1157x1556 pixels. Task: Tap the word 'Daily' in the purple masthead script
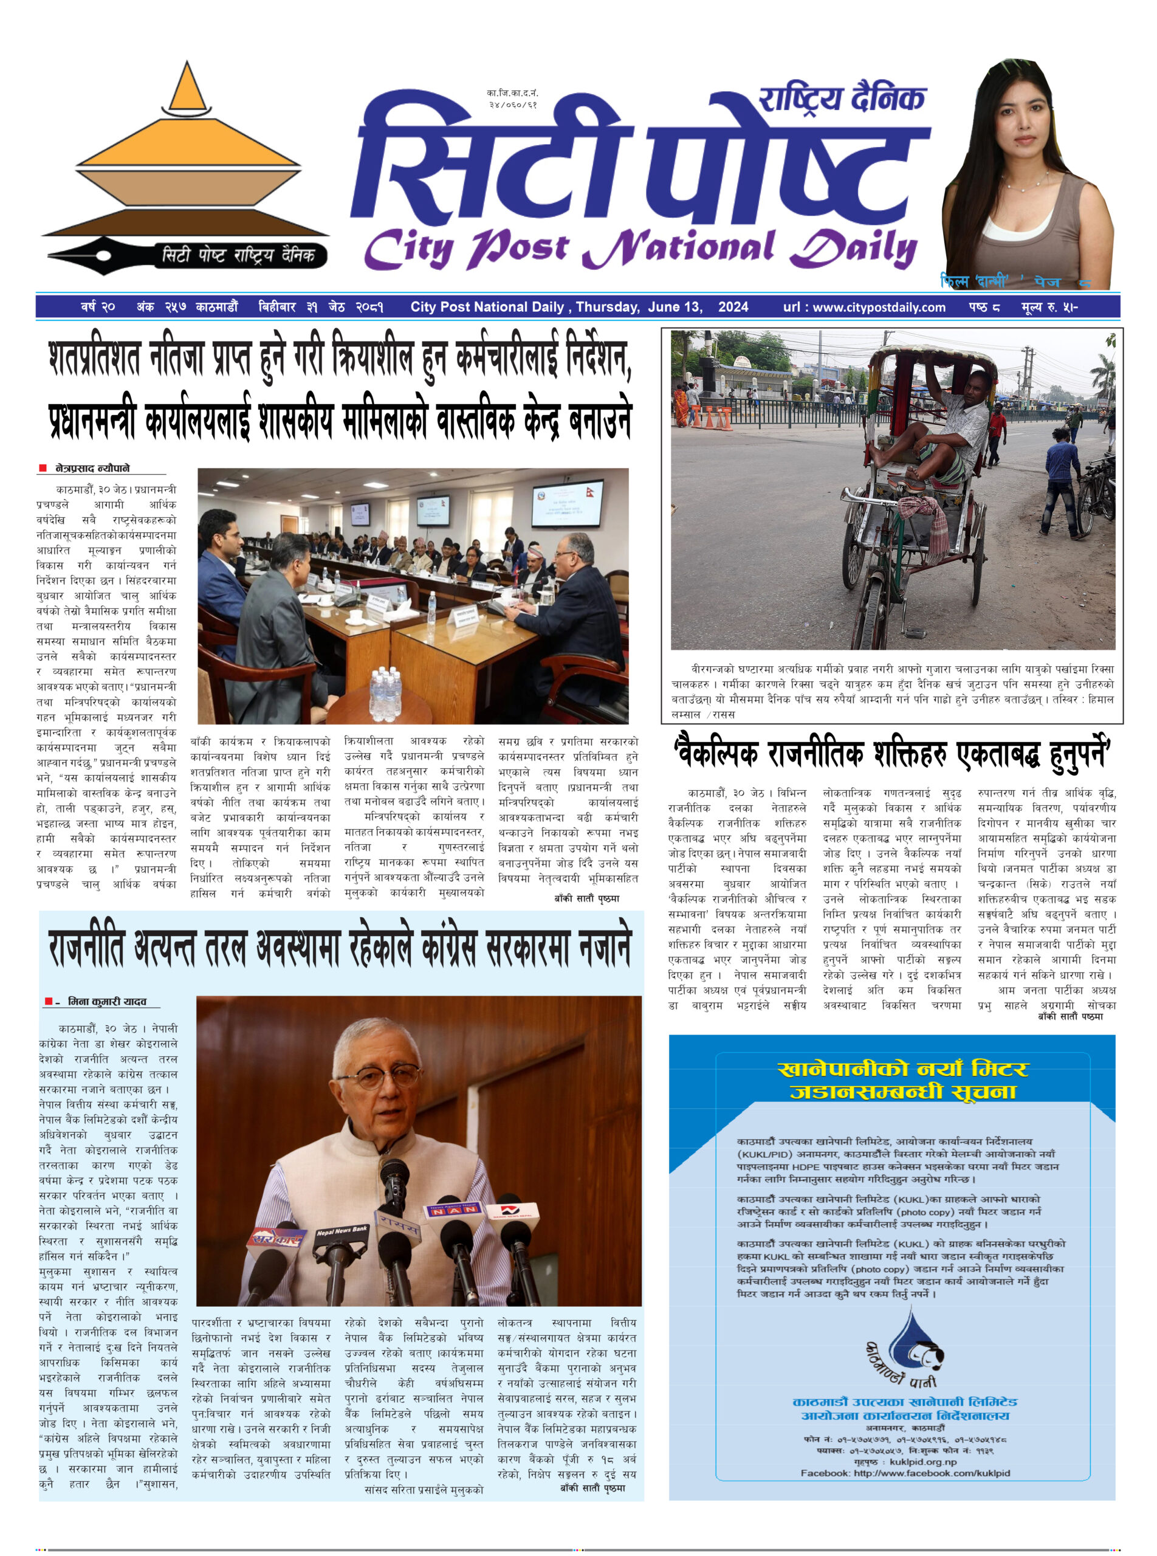(853, 248)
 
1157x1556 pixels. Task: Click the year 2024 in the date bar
(733, 307)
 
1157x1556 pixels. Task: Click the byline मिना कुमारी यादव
(106, 1002)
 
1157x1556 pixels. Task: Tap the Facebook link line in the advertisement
(905, 1473)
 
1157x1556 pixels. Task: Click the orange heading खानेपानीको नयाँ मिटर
(903, 1069)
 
